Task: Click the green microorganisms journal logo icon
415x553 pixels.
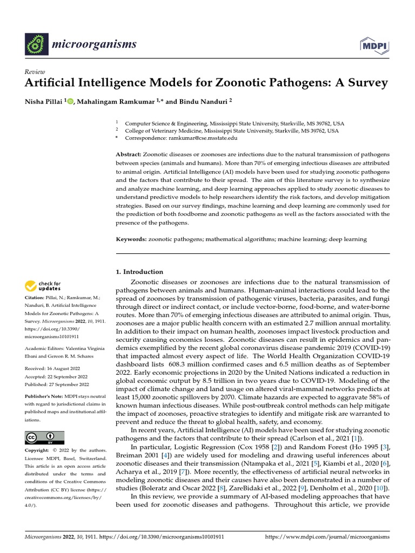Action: click(37, 43)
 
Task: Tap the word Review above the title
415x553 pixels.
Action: click(35, 72)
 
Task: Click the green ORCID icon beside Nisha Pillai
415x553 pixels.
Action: click(70, 100)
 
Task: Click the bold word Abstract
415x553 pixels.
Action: click(129, 154)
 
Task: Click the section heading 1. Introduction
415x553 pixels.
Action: click(139, 272)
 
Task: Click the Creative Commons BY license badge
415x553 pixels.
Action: click(44, 437)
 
